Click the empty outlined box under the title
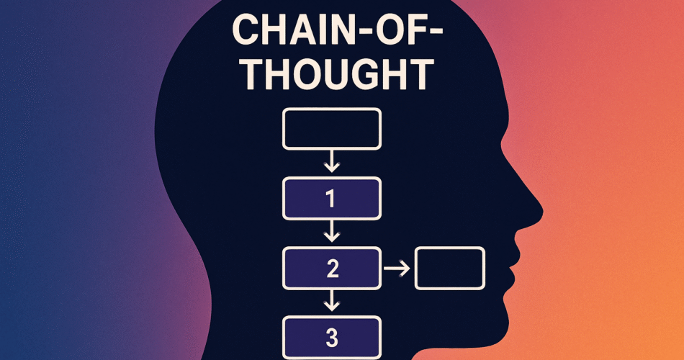[331, 129]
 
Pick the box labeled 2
[331, 269]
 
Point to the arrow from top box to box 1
[331, 162]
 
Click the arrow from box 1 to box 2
[331, 231]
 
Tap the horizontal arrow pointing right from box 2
[397, 269]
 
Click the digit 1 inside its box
[331, 198]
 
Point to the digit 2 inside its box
[332, 269]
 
